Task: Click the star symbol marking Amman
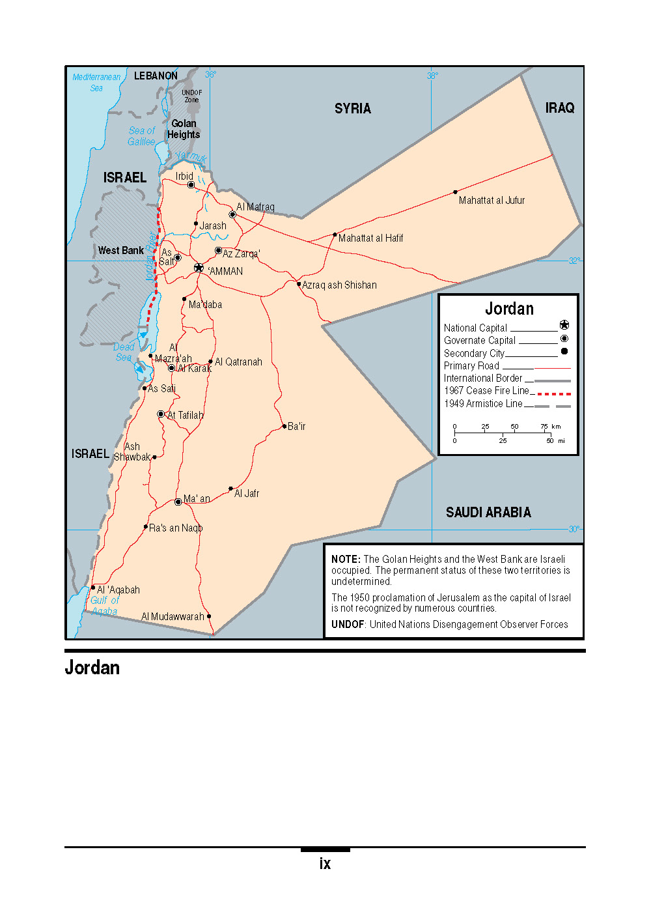(199, 268)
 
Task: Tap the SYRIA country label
(353, 109)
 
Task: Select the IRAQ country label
(560, 108)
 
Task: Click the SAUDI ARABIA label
(488, 513)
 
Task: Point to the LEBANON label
(156, 76)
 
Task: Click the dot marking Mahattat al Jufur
(455, 192)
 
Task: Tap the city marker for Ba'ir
(284, 426)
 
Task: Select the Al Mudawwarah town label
(173, 616)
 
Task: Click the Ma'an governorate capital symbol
(178, 502)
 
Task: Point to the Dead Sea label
(124, 352)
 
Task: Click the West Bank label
(121, 250)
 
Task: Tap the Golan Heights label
(184, 129)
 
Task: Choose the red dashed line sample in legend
(554, 394)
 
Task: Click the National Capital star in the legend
(564, 325)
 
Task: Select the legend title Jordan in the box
(509, 309)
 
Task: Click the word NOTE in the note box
(345, 560)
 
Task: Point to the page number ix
(325, 864)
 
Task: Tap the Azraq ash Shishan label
(339, 285)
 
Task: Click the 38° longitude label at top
(432, 76)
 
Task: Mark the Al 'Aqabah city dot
(93, 588)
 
